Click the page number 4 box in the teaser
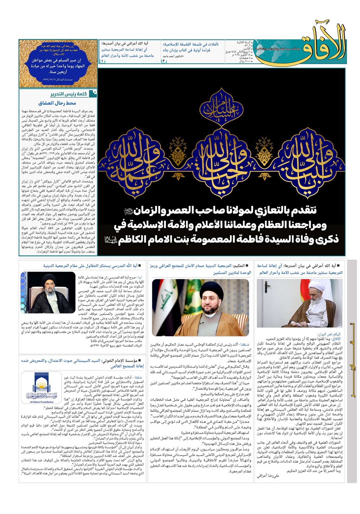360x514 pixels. (163, 61)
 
